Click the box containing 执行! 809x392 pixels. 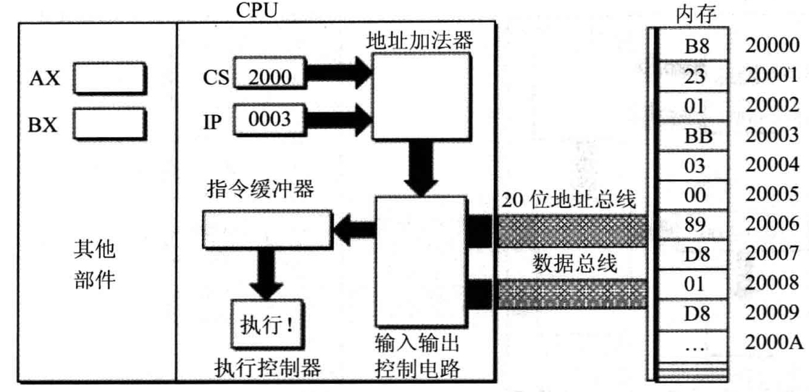click(266, 322)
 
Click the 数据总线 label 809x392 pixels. click(576, 263)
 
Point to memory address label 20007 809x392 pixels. click(773, 254)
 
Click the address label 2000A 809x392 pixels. click(774, 344)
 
